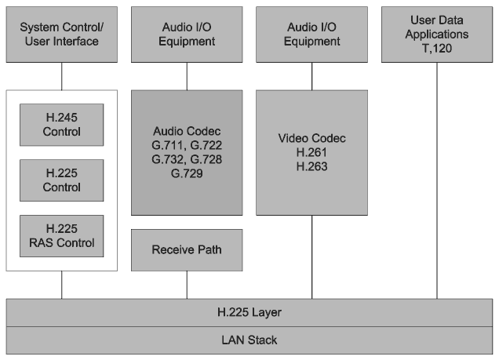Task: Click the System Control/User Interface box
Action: pos(62,35)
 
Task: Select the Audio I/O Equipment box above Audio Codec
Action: pos(187,35)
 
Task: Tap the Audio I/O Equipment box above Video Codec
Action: pos(311,35)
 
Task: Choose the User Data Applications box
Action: pos(439,35)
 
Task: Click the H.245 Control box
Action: pos(62,124)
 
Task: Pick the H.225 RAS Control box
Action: pos(62,236)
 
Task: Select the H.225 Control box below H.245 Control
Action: pos(62,180)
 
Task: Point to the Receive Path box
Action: pos(187,250)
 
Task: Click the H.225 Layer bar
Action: pos(249,312)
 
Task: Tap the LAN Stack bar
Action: pos(249,340)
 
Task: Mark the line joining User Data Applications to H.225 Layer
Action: pos(439,180)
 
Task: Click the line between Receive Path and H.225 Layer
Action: pos(187,285)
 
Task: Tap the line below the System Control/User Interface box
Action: pos(62,76)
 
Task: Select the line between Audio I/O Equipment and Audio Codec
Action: pos(187,76)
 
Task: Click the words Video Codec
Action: pos(311,138)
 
